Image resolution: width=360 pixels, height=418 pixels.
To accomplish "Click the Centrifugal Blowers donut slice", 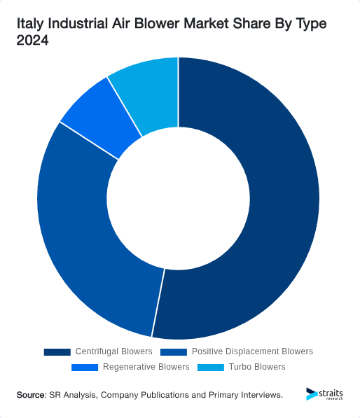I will [x=280, y=210].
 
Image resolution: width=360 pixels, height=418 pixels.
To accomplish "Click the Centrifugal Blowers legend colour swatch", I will [x=57, y=351].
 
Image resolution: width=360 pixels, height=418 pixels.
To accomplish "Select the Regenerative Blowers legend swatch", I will [x=85, y=367].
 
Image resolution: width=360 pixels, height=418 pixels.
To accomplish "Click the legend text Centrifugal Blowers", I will [x=114, y=351].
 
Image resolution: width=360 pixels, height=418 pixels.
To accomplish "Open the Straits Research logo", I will [x=325, y=394].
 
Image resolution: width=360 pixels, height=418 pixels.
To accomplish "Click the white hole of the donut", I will [x=179, y=198].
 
